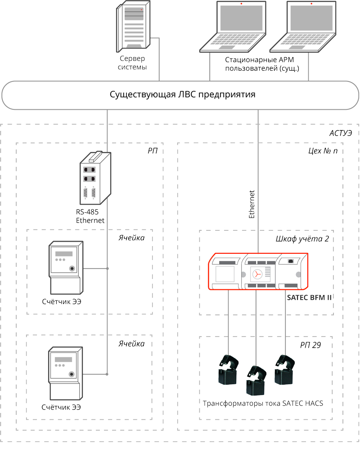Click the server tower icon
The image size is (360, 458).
[133, 28]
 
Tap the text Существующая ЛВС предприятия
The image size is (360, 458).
[183, 95]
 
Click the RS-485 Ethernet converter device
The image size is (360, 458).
[93, 180]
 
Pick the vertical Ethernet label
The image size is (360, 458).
[252, 205]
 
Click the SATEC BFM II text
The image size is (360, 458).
[309, 297]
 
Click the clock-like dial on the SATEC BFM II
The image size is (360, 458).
[256, 274]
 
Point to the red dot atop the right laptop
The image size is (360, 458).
[310, 4]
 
